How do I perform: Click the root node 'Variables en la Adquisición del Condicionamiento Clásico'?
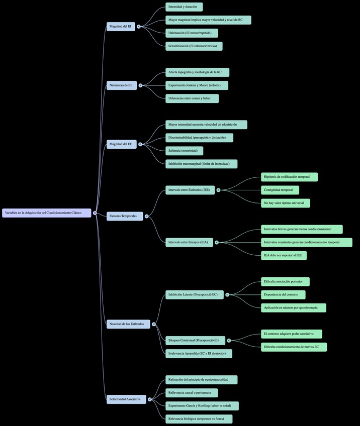47,213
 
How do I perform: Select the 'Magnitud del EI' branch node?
121,27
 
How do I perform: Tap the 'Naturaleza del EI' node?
121,85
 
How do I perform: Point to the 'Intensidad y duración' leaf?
184,7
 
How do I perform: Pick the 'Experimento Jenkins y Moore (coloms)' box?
197,85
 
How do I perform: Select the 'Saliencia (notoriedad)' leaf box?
184,151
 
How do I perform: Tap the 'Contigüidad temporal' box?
280,190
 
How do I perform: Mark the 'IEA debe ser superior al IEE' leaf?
284,255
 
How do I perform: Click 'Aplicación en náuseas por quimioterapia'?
293,307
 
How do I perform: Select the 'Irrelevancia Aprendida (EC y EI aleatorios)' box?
199,354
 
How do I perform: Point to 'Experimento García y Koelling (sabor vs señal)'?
202,406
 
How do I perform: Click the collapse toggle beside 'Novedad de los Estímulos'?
154,324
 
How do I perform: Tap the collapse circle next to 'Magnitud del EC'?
140,144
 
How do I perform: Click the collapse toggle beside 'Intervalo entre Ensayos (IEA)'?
217,242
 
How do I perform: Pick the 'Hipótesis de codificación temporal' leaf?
289,177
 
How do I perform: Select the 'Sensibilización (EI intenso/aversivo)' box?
194,46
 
